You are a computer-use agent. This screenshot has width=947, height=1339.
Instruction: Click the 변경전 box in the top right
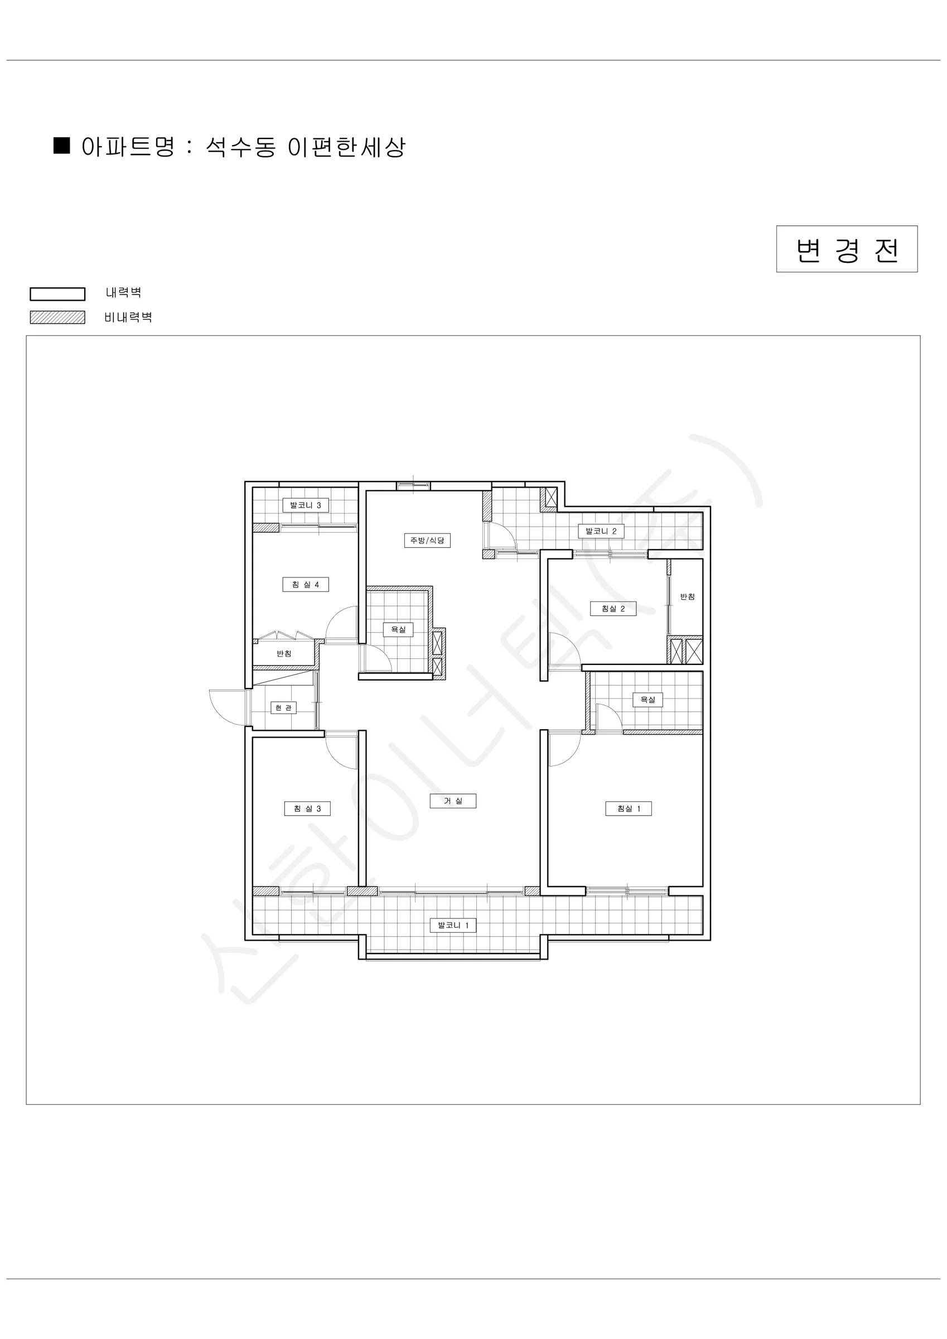(x=846, y=249)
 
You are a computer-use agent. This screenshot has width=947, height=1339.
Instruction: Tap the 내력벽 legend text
(x=124, y=293)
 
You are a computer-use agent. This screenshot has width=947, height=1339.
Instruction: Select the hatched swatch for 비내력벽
(x=58, y=317)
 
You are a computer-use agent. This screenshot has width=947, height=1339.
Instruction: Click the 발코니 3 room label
(x=306, y=505)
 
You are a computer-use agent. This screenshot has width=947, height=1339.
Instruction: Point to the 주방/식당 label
(x=427, y=541)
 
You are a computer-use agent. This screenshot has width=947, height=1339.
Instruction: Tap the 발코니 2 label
(x=601, y=531)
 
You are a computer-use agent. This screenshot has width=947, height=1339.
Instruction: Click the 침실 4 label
(x=306, y=584)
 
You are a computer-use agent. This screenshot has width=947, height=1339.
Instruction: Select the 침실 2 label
(x=613, y=609)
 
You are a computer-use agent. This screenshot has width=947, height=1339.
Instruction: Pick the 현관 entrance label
(x=283, y=708)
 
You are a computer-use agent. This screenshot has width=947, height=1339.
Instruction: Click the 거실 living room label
(x=453, y=801)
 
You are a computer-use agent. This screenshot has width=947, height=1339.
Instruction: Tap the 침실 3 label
(x=307, y=809)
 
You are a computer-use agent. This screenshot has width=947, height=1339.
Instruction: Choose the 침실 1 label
(x=629, y=809)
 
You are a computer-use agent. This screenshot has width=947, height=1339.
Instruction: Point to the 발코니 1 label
(x=453, y=926)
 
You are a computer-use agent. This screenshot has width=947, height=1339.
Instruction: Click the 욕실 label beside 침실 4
(x=398, y=630)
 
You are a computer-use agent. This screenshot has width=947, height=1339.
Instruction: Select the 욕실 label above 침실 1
(x=648, y=700)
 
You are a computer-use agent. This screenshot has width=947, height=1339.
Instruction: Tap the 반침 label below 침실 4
(x=284, y=654)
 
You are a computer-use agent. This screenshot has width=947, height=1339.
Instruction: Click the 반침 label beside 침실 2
(x=688, y=596)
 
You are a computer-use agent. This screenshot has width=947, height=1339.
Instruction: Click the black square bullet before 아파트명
(x=62, y=145)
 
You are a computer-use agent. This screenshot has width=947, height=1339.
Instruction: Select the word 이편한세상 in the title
(x=346, y=147)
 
